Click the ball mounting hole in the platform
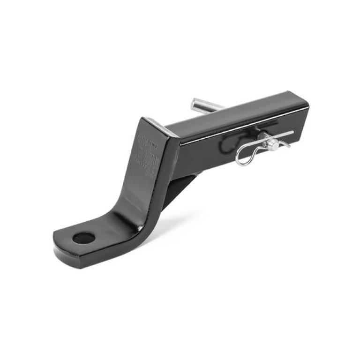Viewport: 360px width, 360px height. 83,238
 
